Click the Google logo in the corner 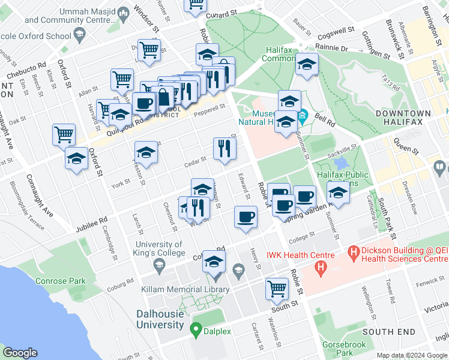20,353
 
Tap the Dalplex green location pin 195,329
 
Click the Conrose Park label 61,280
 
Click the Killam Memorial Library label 194,289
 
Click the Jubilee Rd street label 91,224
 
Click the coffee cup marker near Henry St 245,217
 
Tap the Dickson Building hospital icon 354,251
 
